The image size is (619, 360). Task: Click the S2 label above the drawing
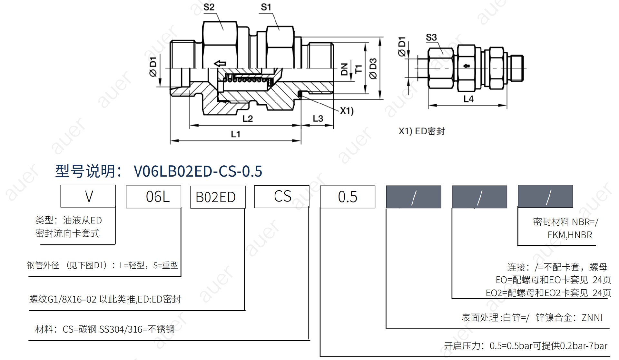(x=209, y=7)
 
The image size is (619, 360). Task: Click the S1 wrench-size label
(x=266, y=7)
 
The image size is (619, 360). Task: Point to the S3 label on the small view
(x=431, y=37)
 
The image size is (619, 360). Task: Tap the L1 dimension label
(x=236, y=134)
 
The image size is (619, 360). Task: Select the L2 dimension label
(x=248, y=118)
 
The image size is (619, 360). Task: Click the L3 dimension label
(x=318, y=118)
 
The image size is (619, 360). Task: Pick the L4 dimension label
(x=468, y=99)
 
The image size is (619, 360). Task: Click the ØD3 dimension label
(x=373, y=68)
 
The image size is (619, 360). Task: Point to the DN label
(x=344, y=69)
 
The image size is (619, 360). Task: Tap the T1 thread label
(x=359, y=69)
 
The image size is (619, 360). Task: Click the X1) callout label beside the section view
(x=347, y=111)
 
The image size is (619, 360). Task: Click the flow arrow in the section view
(x=220, y=63)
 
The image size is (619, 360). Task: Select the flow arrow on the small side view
(x=467, y=66)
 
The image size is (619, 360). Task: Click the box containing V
(x=88, y=196)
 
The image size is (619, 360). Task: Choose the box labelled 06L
(x=153, y=197)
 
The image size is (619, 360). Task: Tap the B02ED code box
(x=218, y=197)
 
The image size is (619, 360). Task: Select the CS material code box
(x=282, y=196)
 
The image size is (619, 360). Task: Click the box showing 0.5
(x=348, y=197)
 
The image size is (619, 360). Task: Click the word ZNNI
(x=592, y=318)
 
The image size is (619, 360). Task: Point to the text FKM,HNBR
(x=570, y=235)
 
